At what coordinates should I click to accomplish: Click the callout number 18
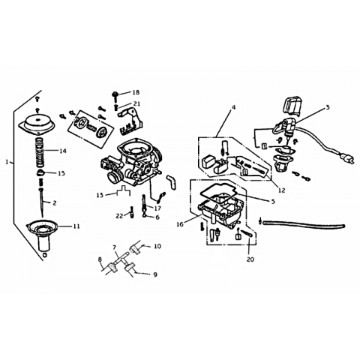(136, 92)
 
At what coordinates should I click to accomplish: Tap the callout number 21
(137, 103)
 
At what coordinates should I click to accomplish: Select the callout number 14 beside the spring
(63, 151)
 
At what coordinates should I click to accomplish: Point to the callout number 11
(76, 226)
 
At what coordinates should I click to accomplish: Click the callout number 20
(250, 259)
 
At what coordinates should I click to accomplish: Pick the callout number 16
(180, 224)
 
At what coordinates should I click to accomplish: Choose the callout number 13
(100, 195)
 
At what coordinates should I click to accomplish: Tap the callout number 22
(120, 215)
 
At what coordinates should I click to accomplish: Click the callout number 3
(328, 107)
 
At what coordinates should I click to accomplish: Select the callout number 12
(281, 190)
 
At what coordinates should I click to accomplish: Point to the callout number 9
(155, 274)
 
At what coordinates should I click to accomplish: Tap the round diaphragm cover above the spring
(37, 122)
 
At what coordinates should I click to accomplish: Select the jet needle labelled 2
(42, 202)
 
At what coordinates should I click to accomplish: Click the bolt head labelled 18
(115, 94)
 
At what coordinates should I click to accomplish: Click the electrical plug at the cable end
(348, 159)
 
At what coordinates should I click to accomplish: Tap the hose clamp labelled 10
(135, 249)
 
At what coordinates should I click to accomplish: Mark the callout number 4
(233, 107)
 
